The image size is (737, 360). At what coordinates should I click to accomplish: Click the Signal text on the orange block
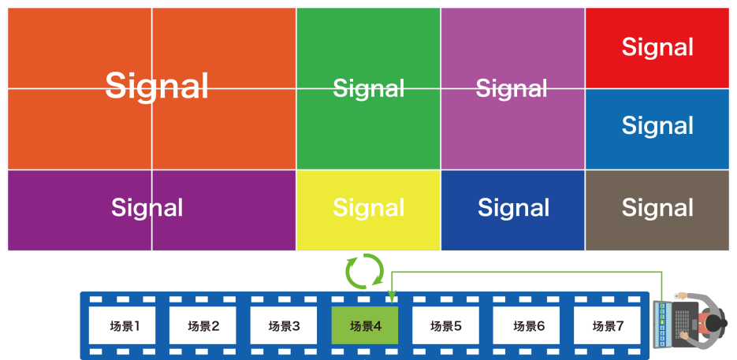pos(157,85)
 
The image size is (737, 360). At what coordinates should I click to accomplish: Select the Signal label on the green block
pos(368,88)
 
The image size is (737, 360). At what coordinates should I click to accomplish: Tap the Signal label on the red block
pos(657,47)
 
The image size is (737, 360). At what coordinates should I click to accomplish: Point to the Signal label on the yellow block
pos(368,208)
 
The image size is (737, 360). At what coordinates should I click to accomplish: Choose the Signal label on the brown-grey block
pos(657,208)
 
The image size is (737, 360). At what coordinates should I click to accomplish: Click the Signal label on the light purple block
pos(512,88)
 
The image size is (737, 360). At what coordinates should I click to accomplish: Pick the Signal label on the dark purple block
pos(147,208)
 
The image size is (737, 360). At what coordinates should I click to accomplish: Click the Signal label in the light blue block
pos(657,125)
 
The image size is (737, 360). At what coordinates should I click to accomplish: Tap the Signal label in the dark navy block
pos(513,208)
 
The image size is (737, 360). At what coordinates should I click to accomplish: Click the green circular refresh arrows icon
pos(365,272)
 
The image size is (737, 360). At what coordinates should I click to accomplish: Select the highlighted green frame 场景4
pos(365,325)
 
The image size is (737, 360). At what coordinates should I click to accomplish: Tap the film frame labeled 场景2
pos(204,325)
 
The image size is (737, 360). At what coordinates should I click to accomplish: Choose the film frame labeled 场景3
pos(285,325)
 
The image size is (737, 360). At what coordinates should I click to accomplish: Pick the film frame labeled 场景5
pos(446,325)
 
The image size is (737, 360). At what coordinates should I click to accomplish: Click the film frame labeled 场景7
pos(608,325)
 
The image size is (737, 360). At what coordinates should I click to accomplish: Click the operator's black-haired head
pos(719,324)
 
